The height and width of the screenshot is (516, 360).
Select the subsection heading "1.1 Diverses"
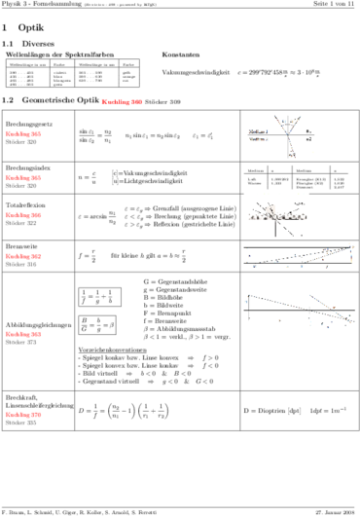29,44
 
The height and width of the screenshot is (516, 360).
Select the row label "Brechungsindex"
25,170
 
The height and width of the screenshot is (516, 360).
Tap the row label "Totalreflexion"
24,207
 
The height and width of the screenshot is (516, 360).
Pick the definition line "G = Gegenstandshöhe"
177,280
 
